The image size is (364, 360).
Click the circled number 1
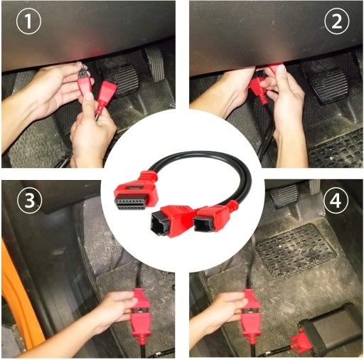28,21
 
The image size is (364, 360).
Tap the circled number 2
336,21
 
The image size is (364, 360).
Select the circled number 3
29,201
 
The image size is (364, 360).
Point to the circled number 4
336,201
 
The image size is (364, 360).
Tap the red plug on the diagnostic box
299,342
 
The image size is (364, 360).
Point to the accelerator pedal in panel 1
155,63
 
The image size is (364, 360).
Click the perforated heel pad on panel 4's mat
296,252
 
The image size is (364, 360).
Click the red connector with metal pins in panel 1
83,80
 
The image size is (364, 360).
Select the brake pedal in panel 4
285,196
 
